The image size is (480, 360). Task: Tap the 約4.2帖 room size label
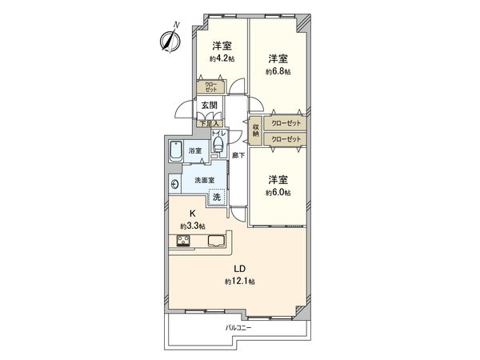point(222,58)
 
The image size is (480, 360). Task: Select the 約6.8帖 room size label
point(278,71)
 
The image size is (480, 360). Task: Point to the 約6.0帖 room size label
point(278,193)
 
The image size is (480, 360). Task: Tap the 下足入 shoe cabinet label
point(210,124)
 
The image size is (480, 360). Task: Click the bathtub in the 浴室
point(176,150)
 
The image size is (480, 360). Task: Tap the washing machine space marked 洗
point(216,197)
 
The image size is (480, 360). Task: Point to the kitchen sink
point(217,242)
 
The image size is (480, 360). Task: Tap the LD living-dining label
point(239,269)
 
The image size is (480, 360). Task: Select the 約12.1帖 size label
point(239,282)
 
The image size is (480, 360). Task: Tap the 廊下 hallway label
point(238,154)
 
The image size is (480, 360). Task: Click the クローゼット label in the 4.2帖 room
point(210,86)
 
